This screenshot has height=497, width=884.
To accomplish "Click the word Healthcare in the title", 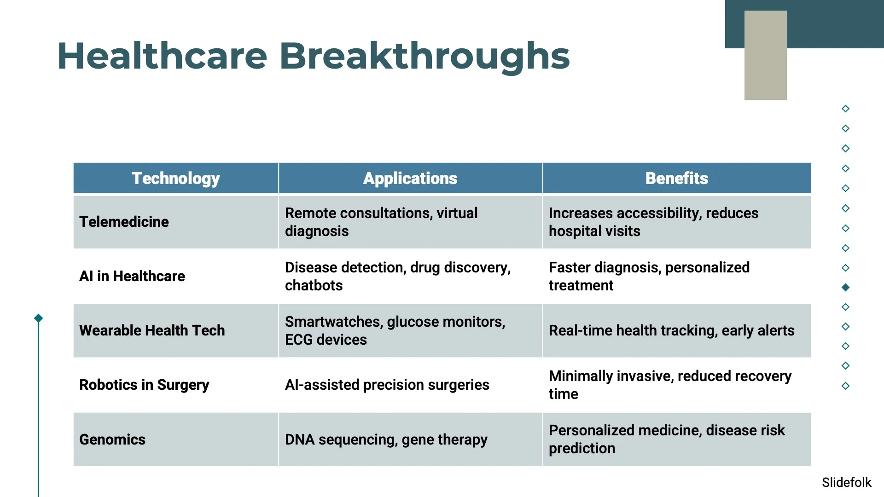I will [x=162, y=56].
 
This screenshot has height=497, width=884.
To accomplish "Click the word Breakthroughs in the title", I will [x=425, y=56].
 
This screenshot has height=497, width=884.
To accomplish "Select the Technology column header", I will [x=175, y=178].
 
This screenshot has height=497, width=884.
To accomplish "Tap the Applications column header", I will [x=410, y=178].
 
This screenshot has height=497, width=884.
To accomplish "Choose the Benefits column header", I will [x=676, y=178].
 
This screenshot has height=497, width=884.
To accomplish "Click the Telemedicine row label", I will [x=124, y=222].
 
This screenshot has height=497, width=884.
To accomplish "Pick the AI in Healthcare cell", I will [x=132, y=276].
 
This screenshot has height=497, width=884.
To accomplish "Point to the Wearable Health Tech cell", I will [x=152, y=330].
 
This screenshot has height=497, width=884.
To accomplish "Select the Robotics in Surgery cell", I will [x=144, y=385].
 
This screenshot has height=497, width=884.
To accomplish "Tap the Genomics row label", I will [x=112, y=439].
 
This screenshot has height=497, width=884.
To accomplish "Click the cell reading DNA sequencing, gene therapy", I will [x=386, y=439].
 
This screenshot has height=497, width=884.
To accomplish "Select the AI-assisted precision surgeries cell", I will [x=387, y=385].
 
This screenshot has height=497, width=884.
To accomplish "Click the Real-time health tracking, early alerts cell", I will [x=671, y=330].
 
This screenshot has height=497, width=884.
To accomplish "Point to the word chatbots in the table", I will [x=314, y=285].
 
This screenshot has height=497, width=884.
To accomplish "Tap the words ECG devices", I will [x=326, y=340].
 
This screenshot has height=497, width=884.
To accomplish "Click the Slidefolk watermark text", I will [x=846, y=482].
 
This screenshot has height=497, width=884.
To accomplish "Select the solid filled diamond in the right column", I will [x=845, y=287].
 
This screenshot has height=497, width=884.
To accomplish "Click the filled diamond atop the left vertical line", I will [x=39, y=318].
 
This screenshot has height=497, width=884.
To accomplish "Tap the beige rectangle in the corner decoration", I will [x=765, y=55].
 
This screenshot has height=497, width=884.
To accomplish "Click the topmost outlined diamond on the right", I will [x=845, y=109].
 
